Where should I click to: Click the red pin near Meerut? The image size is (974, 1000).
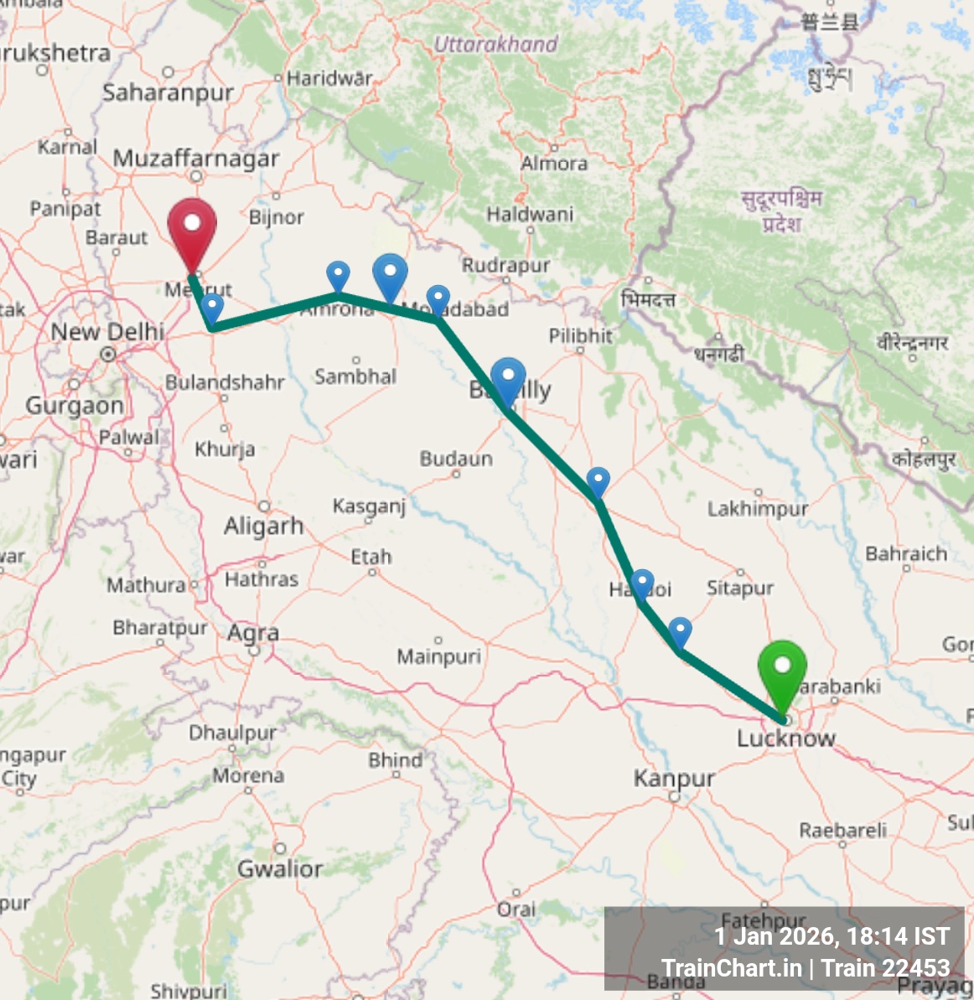(x=192, y=227)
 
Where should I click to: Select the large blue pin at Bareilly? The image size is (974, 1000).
(x=508, y=379)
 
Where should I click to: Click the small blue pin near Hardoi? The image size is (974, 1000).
(x=642, y=583)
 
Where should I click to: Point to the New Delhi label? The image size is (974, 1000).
(x=107, y=332)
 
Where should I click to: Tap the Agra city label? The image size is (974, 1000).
(x=253, y=633)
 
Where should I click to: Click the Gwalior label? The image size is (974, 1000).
(x=280, y=868)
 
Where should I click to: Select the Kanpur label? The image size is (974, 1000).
(x=674, y=779)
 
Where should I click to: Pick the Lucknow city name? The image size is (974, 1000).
(x=786, y=738)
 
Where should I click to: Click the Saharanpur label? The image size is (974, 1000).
(x=168, y=92)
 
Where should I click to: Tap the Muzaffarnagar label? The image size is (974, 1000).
(x=196, y=158)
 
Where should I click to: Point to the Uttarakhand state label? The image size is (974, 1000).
(x=495, y=44)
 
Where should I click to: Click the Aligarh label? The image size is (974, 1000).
(x=263, y=526)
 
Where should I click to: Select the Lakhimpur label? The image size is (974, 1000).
(x=758, y=509)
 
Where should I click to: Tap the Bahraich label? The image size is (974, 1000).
(x=906, y=553)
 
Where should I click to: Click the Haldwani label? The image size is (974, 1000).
(x=530, y=215)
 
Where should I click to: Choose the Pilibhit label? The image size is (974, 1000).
(x=580, y=336)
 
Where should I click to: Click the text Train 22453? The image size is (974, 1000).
(x=886, y=968)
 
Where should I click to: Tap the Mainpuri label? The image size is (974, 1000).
(x=439, y=655)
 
